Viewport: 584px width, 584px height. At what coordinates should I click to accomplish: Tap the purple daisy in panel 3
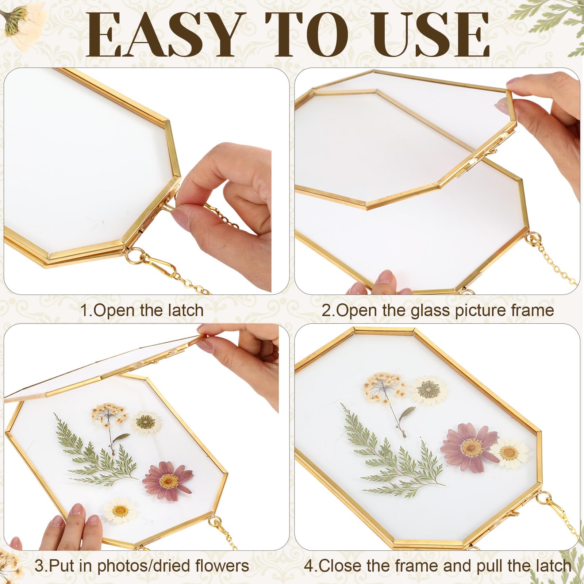(168, 480)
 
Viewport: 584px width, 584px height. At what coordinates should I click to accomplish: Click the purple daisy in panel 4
(469, 446)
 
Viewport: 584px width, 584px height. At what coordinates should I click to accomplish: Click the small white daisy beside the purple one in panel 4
(509, 453)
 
